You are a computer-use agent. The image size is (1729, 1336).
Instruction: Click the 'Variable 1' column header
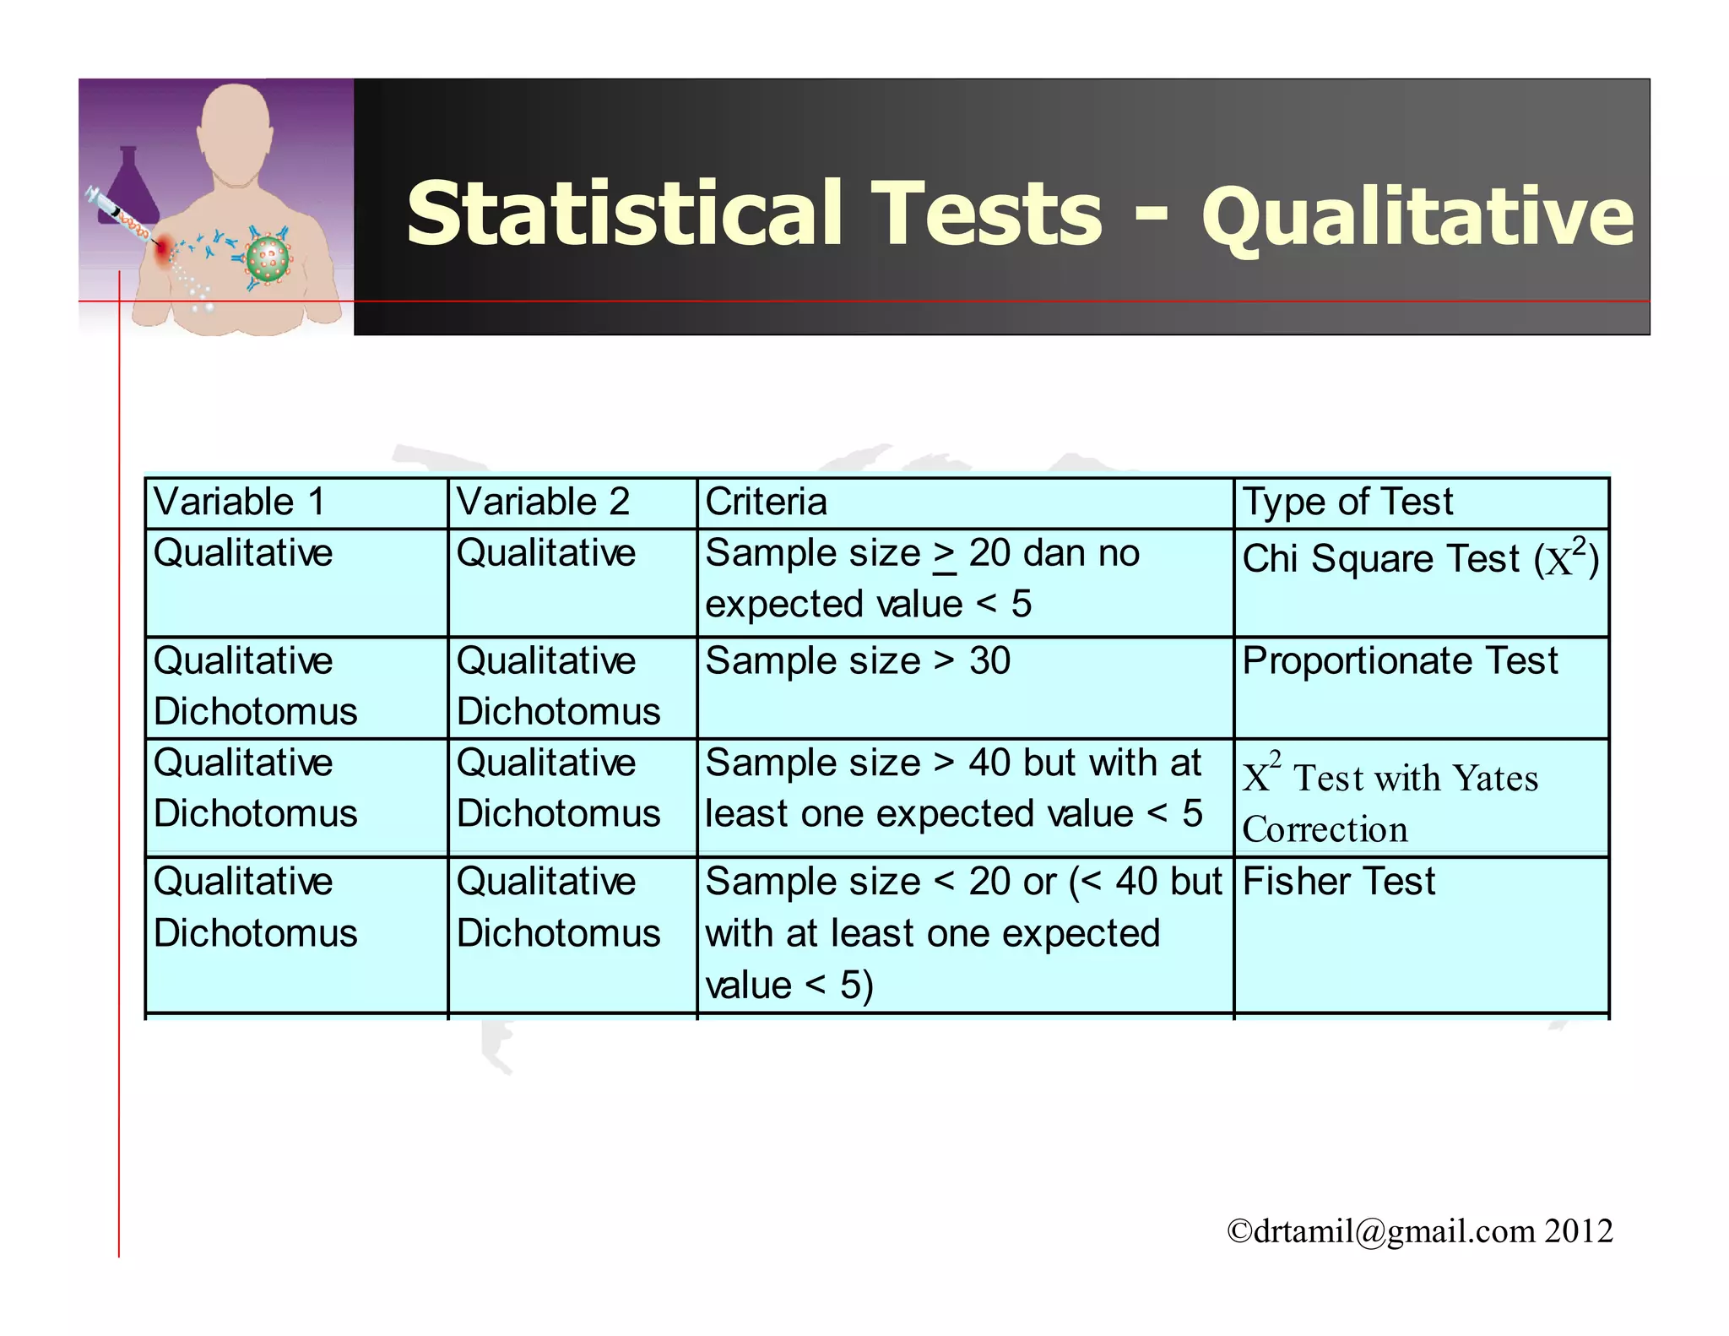pyautogui.click(x=239, y=502)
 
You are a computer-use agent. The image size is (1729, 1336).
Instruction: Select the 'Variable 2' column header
pyautogui.click(x=543, y=502)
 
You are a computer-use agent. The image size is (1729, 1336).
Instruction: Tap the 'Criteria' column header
pyautogui.click(x=766, y=502)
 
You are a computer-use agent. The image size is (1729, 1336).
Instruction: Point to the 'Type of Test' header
pyautogui.click(x=1347, y=502)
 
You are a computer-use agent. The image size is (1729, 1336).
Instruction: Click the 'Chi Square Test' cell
pyautogui.click(x=1420, y=559)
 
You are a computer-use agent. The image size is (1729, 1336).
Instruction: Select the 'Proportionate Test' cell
pyautogui.click(x=1400, y=661)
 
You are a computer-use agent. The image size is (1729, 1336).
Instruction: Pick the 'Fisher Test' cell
pyautogui.click(x=1339, y=883)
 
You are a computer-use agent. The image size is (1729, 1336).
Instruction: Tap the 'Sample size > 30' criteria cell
pyautogui.click(x=858, y=661)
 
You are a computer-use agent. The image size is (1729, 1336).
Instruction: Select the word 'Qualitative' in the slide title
pyautogui.click(x=1417, y=217)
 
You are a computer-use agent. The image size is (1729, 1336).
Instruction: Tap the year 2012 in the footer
pyautogui.click(x=1580, y=1231)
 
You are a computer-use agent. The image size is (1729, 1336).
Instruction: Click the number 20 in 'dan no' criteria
pyautogui.click(x=989, y=554)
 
